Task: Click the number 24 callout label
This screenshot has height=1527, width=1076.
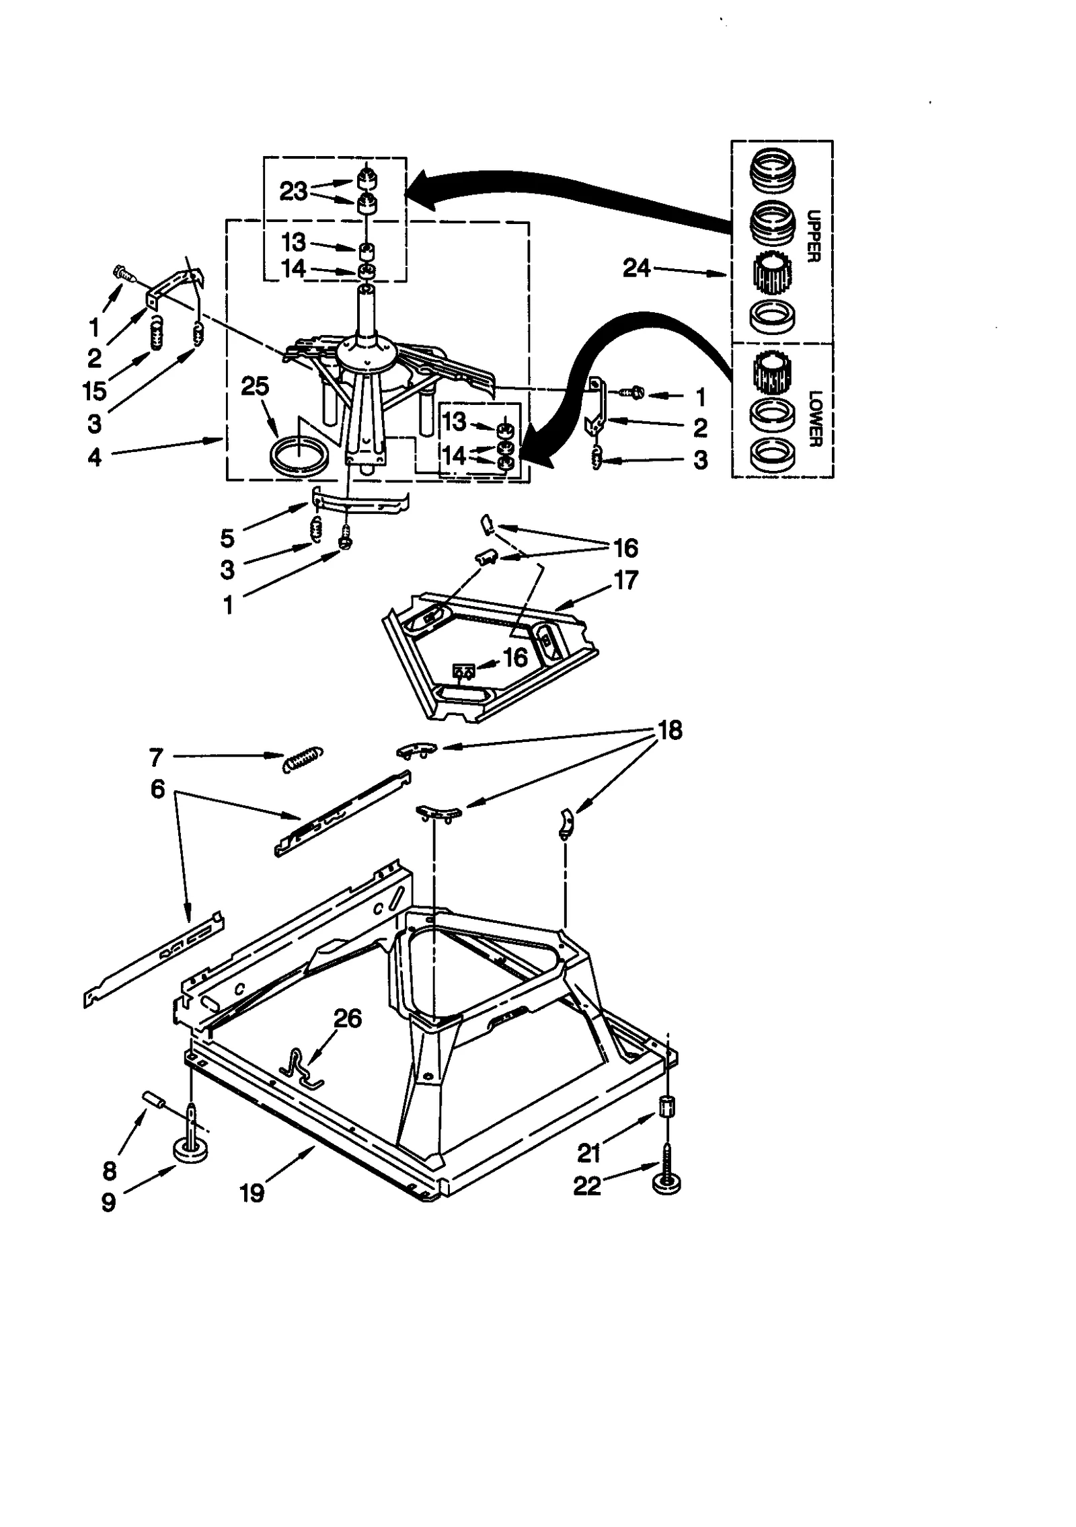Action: [636, 268]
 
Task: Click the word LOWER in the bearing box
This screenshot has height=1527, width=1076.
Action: [814, 418]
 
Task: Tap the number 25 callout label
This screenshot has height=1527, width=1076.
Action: [255, 386]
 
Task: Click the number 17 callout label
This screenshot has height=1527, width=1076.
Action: [626, 580]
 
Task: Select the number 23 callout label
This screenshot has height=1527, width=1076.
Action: [293, 192]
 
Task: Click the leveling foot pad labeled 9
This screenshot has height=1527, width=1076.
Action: [190, 1169]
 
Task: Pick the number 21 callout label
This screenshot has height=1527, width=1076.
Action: [588, 1153]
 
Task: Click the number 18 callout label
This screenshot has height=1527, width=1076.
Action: [670, 730]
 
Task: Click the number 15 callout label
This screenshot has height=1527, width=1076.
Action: [95, 391]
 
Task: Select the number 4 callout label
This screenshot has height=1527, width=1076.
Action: [95, 457]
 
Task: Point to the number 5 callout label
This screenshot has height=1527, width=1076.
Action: [227, 538]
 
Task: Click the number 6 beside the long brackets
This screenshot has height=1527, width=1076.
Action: [157, 788]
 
